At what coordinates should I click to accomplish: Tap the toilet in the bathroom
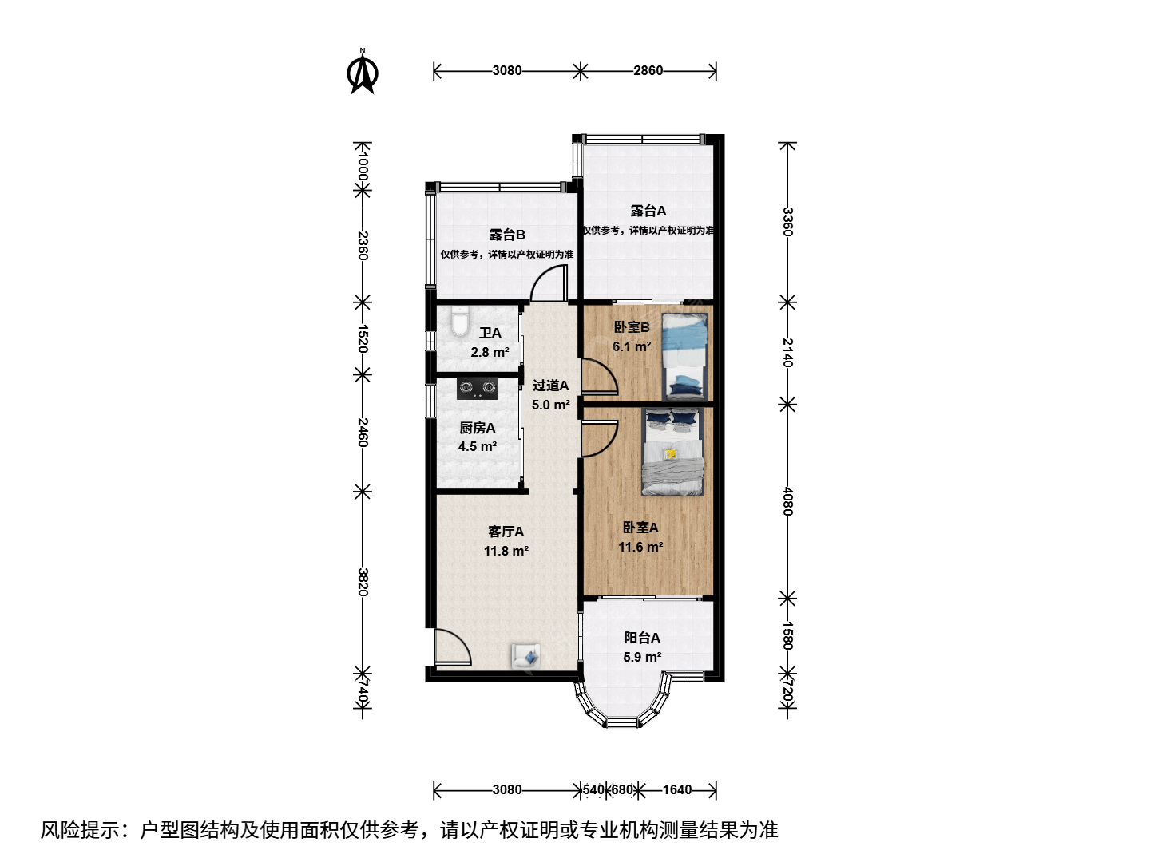pyautogui.click(x=460, y=321)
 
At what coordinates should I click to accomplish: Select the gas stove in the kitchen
pyautogui.click(x=478, y=389)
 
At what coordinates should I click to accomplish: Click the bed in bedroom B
pyautogui.click(x=684, y=357)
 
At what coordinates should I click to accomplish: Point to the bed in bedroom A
pyautogui.click(x=672, y=452)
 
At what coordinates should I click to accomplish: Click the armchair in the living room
pyautogui.click(x=526, y=656)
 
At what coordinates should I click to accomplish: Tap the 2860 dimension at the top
pyautogui.click(x=648, y=71)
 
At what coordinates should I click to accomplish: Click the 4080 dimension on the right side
pyautogui.click(x=787, y=501)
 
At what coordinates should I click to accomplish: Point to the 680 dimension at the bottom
pyautogui.click(x=622, y=790)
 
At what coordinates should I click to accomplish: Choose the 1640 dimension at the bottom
pyautogui.click(x=677, y=790)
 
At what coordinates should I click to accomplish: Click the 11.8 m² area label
pyautogui.click(x=506, y=551)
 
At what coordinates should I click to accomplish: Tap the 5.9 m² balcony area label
pyautogui.click(x=642, y=658)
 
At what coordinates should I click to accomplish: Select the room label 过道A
pyautogui.click(x=550, y=386)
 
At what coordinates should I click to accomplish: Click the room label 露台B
pyautogui.click(x=507, y=235)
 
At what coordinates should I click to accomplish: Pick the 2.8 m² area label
pyautogui.click(x=490, y=352)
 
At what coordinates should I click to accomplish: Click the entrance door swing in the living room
pyautogui.click(x=454, y=647)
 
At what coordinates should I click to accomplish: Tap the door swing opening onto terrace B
pyautogui.click(x=549, y=283)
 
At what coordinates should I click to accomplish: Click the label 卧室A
pyautogui.click(x=640, y=528)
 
